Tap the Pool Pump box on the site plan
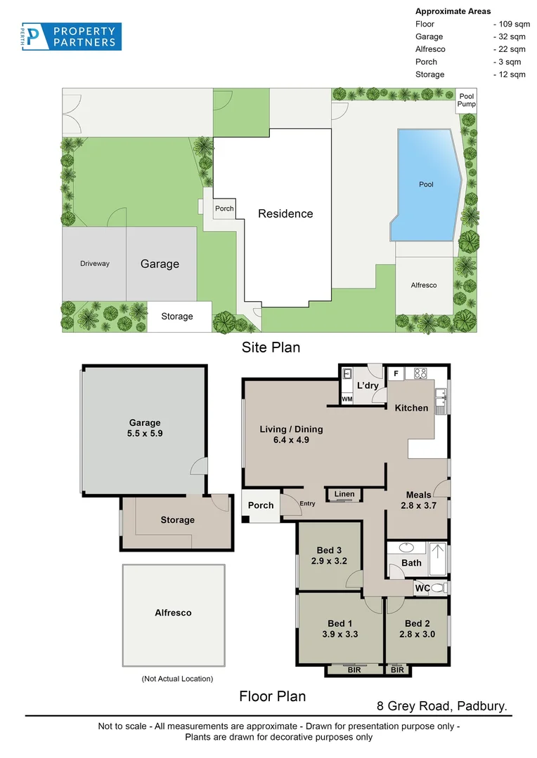tap(467, 100)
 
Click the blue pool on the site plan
tap(425, 184)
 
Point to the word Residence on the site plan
tap(285, 213)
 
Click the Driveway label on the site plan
tap(94, 264)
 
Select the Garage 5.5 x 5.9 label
tap(145, 428)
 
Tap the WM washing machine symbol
tap(347, 399)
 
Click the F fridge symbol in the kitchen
tap(396, 373)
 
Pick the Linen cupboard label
tap(344, 495)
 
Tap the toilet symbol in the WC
tap(439, 587)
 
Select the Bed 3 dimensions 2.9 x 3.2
tap(330, 561)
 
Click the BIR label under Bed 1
tap(356, 670)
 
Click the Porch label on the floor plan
tap(261, 505)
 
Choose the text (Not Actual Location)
tap(177, 679)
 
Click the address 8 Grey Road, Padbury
tap(442, 705)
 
